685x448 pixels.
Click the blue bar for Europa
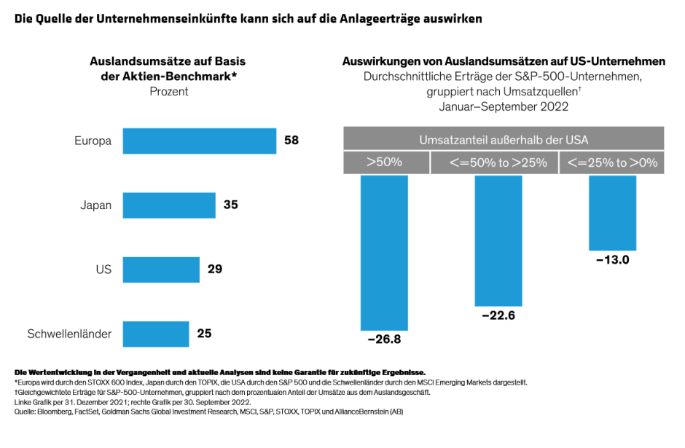click(199, 141)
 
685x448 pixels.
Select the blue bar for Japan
click(169, 205)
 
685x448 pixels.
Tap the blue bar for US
click(161, 270)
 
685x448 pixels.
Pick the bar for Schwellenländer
click(156, 334)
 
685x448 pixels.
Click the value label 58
click(291, 141)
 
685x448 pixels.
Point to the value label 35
click(230, 205)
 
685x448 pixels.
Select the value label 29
click(214, 270)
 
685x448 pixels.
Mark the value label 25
click(204, 334)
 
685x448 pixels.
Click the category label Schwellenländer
click(69, 334)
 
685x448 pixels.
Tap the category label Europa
click(93, 141)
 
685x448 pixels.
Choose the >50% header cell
click(385, 162)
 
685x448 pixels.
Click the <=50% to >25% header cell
click(493, 162)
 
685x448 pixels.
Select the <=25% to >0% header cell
click(611, 162)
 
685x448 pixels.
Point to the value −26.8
click(384, 339)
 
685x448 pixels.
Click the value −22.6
click(498, 315)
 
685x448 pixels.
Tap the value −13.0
click(612, 259)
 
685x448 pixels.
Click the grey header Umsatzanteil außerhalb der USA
click(503, 139)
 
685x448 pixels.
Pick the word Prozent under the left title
click(169, 91)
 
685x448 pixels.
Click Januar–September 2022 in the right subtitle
click(504, 106)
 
